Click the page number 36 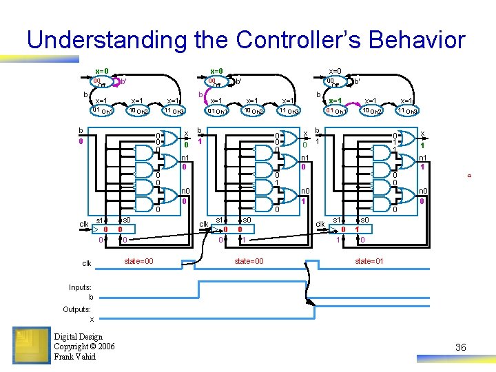[460, 347]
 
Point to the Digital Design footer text [78, 337]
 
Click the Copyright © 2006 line [84, 347]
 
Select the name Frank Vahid [74, 356]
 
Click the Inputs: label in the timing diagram [80, 287]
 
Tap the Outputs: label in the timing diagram [77, 309]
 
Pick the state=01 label [370, 261]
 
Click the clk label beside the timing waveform [87, 263]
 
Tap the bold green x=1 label [335, 101]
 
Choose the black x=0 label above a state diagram [335, 71]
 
